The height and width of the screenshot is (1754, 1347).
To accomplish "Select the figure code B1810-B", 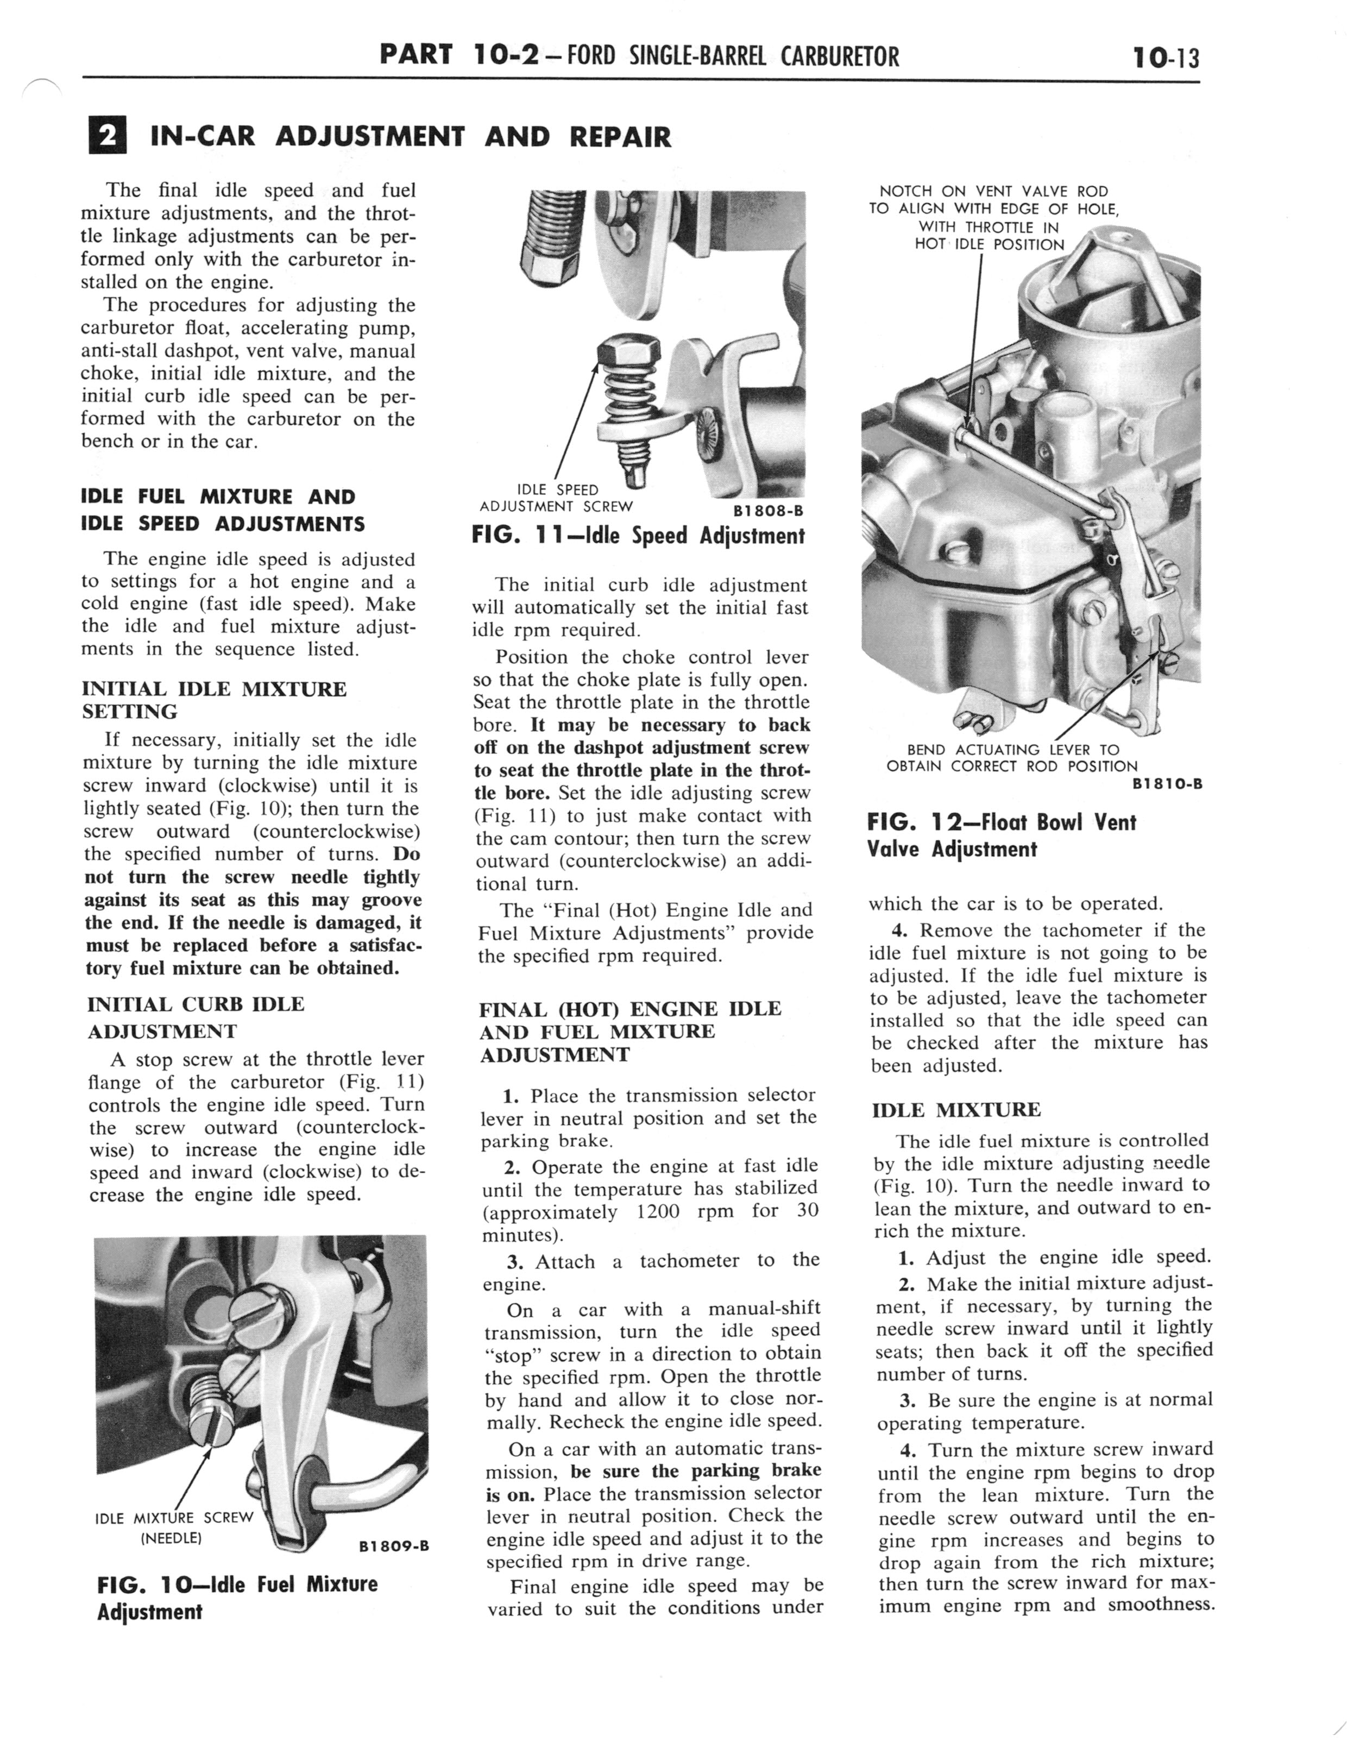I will pyautogui.click(x=1167, y=784).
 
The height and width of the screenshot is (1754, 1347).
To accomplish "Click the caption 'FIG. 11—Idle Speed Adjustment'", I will pyautogui.click(x=638, y=536).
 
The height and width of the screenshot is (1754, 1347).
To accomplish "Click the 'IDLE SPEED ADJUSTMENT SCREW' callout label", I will pyautogui.click(x=556, y=498).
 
